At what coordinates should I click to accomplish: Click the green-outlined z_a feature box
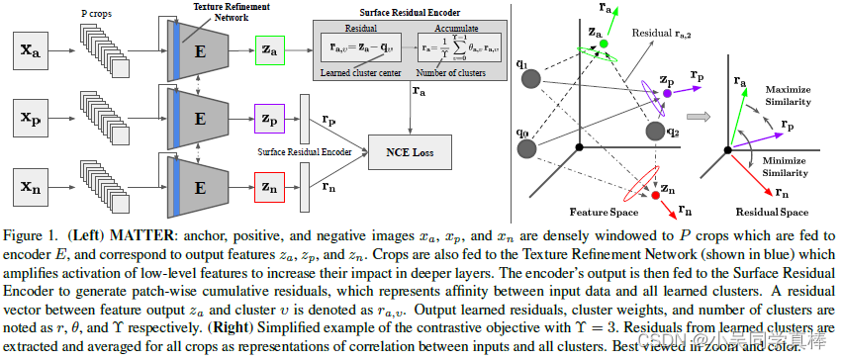click(270, 49)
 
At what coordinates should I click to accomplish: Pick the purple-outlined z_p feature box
click(270, 117)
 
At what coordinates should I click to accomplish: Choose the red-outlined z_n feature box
click(270, 184)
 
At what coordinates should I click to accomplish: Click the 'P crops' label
click(95, 16)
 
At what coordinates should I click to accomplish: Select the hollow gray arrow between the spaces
click(700, 117)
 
